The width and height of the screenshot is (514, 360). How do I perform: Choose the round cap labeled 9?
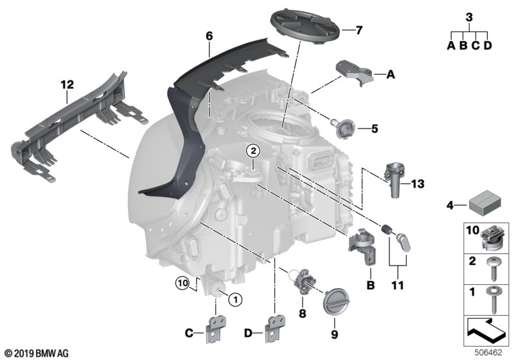335,301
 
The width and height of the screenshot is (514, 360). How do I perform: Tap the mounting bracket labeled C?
215,327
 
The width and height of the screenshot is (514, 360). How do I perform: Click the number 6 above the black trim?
209,37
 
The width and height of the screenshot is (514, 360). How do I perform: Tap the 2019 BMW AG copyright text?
35,353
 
